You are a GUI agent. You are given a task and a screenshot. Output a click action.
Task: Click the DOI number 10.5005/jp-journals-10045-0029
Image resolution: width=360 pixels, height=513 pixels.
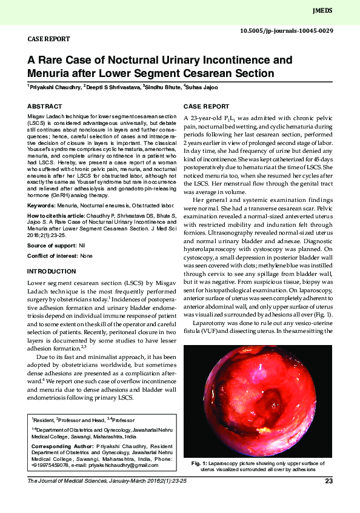pyautogui.click(x=286, y=30)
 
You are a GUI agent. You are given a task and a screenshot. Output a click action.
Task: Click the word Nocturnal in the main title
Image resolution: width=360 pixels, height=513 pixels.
pyautogui.click(x=136, y=61)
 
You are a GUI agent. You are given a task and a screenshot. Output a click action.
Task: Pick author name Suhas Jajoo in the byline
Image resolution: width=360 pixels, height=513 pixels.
pyautogui.click(x=202, y=87)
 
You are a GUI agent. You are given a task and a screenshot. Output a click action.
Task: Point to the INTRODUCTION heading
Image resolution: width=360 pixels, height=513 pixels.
pyautogui.click(x=52, y=270)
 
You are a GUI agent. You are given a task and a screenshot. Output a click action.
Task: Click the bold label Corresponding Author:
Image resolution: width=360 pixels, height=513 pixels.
pyautogui.click(x=61, y=446)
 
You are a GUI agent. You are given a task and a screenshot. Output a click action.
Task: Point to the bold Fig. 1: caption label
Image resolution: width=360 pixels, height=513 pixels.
pyautogui.click(x=200, y=464)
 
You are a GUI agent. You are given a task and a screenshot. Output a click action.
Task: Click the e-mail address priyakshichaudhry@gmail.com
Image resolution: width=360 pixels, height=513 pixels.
pyautogui.click(x=121, y=465)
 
